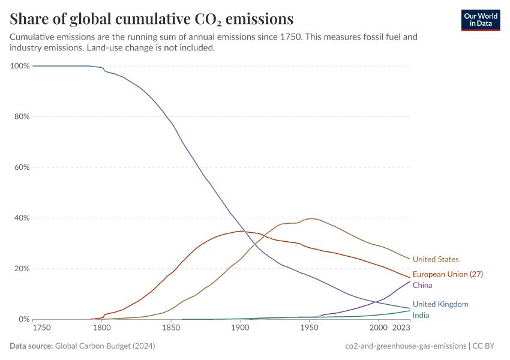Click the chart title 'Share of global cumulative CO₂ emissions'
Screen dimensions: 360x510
(x=152, y=19)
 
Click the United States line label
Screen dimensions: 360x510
(x=436, y=259)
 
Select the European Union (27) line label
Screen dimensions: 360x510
(x=448, y=274)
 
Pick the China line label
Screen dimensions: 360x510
(x=422, y=285)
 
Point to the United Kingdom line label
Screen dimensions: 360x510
(x=440, y=304)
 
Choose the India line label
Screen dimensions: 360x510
(x=421, y=315)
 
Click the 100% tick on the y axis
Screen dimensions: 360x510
(x=20, y=65)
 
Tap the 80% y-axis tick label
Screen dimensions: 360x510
(x=22, y=116)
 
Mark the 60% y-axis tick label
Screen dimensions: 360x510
(x=22, y=167)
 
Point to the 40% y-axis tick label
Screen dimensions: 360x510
(x=22, y=218)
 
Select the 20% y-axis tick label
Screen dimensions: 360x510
(x=22, y=269)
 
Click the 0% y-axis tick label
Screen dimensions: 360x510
(x=24, y=319)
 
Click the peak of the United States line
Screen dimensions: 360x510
(x=311, y=218)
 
